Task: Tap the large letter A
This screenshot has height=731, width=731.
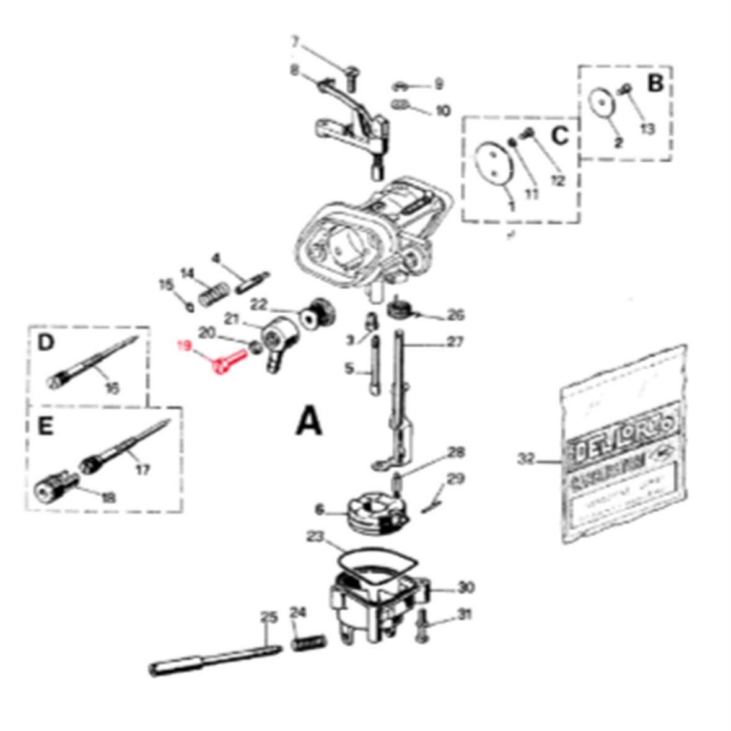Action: pyautogui.click(x=309, y=422)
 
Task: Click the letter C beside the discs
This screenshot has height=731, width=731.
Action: pyautogui.click(x=559, y=136)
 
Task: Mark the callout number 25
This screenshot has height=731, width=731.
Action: pyautogui.click(x=267, y=617)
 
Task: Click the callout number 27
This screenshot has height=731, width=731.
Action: pyautogui.click(x=456, y=343)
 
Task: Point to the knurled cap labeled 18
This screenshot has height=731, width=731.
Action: pyautogui.click(x=51, y=483)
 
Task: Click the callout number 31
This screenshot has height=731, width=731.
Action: pyautogui.click(x=465, y=615)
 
